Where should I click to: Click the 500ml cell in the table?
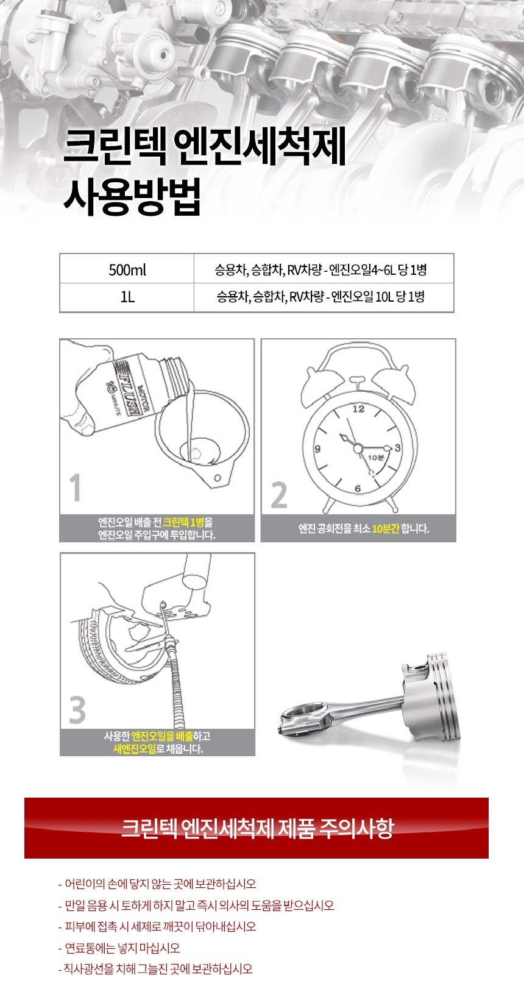pyautogui.click(x=127, y=269)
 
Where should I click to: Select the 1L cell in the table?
pyautogui.click(x=127, y=297)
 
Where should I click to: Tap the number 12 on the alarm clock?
pyautogui.click(x=358, y=409)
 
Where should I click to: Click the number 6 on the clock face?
pyautogui.click(x=358, y=488)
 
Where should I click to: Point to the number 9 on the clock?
pyautogui.click(x=317, y=449)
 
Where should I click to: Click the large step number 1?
pyautogui.click(x=76, y=487)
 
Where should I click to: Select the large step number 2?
pyautogui.click(x=279, y=495)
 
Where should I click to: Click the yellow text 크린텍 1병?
pyautogui.click(x=183, y=522)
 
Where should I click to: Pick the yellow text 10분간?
pyautogui.click(x=386, y=528)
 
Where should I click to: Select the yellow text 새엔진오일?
pyautogui.click(x=135, y=748)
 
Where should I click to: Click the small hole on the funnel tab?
pyautogui.click(x=217, y=478)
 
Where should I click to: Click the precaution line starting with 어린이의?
pyautogui.click(x=157, y=884)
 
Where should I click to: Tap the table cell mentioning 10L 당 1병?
pyautogui.click(x=324, y=297)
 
